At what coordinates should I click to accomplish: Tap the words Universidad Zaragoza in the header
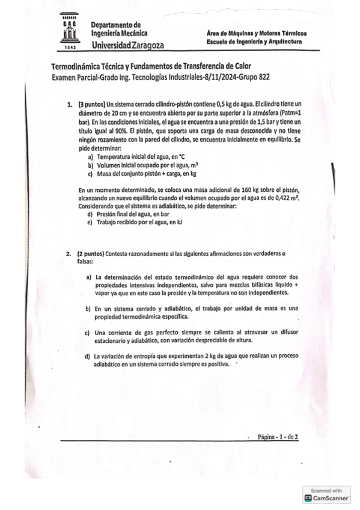[x=127, y=45]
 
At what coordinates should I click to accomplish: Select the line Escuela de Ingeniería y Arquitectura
[x=254, y=42]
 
